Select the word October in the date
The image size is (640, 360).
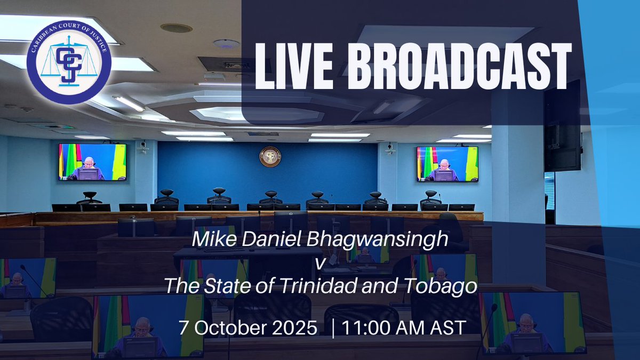234,327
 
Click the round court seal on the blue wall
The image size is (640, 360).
270,156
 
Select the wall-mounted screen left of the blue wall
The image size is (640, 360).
92,162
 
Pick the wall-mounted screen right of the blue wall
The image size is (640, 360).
447,164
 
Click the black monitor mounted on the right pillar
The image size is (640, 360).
562,126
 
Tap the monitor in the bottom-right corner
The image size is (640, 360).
533,322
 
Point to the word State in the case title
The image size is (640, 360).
227,287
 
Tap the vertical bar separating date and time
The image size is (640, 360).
333,327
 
